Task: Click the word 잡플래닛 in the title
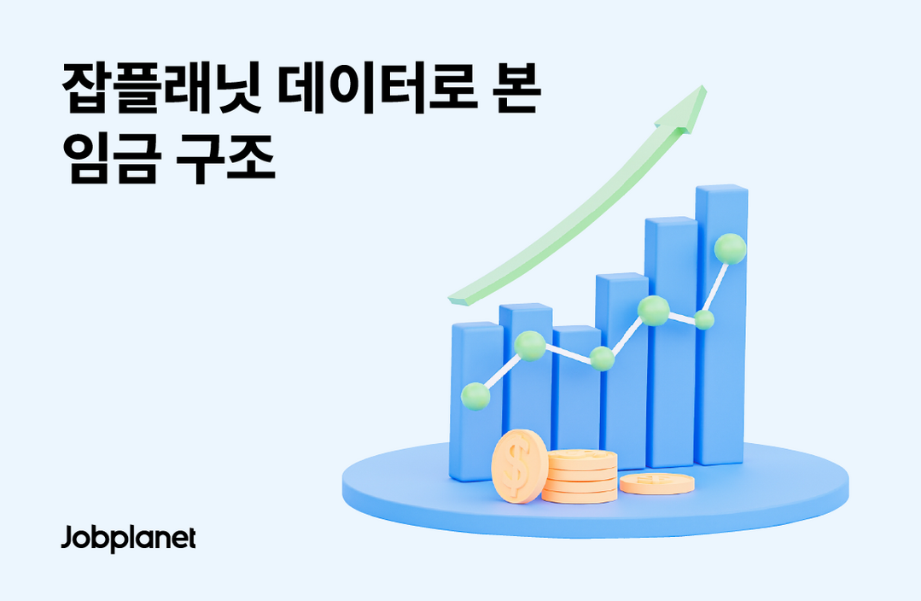[x=161, y=89]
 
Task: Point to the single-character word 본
[x=516, y=89]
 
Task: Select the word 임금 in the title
[x=112, y=158]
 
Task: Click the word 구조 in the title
[x=225, y=158]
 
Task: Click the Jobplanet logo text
[x=129, y=538]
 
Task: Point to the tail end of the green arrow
[x=458, y=300]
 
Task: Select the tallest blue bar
[x=720, y=325]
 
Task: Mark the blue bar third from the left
[x=577, y=394]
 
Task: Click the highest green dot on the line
[x=730, y=248]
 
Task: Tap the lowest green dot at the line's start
[x=475, y=396]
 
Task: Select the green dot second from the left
[x=530, y=346]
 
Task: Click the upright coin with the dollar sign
[x=519, y=466]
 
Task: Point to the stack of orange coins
[x=581, y=476]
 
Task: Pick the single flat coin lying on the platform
[x=656, y=483]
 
